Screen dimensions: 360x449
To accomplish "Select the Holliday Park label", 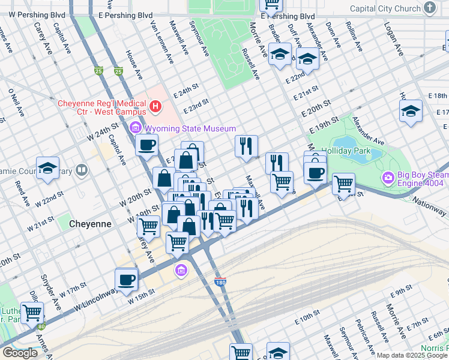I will (x=346, y=151).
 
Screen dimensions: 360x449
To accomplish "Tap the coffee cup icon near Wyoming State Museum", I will (x=146, y=144).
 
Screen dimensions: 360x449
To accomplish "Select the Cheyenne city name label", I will (x=90, y=224).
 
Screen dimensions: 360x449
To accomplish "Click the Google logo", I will (x=20, y=353).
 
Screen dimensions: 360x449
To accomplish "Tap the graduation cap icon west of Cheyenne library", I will (x=47, y=169).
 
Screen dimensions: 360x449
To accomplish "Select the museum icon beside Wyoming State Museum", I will (x=134, y=128).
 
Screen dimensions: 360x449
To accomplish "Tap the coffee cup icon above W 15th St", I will (x=127, y=279).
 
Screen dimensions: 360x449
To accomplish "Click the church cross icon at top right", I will (x=429, y=8).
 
